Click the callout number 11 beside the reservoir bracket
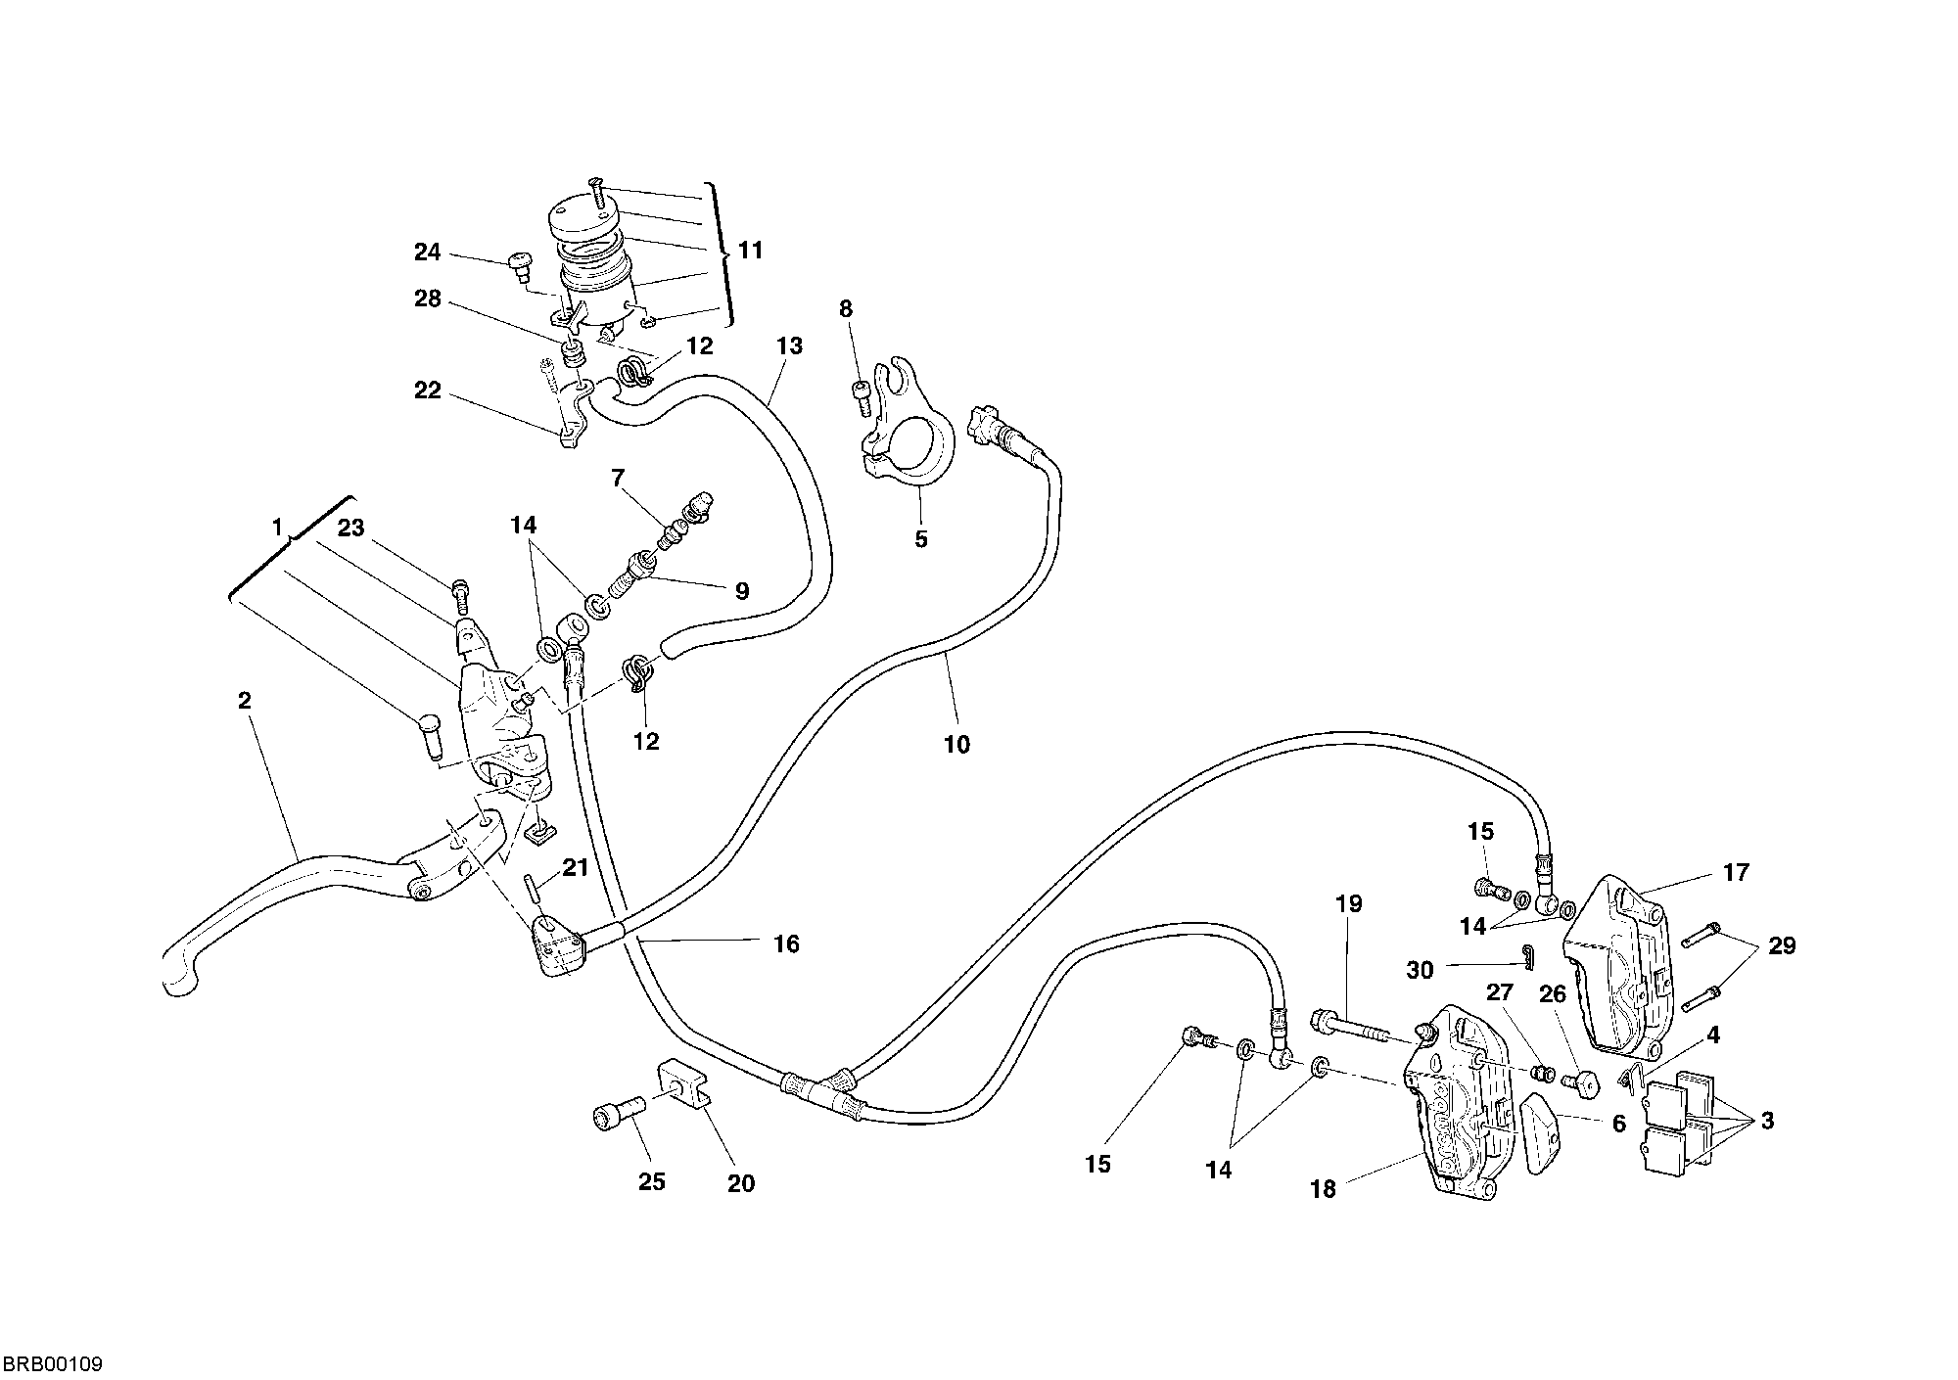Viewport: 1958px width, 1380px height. [750, 251]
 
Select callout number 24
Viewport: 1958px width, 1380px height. [428, 253]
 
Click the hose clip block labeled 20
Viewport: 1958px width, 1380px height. [686, 1081]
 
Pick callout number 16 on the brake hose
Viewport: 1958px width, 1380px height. [786, 944]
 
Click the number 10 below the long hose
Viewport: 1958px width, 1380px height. [956, 745]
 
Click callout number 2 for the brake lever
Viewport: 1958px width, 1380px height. [244, 701]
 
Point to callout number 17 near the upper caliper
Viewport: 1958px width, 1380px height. [1736, 872]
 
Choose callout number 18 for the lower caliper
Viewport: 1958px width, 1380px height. [1323, 1189]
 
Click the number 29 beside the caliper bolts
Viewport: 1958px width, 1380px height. [1782, 945]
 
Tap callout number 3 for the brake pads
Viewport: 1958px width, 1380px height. [1767, 1122]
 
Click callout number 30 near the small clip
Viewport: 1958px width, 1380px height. [1420, 970]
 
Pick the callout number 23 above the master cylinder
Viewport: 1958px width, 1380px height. [350, 529]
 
